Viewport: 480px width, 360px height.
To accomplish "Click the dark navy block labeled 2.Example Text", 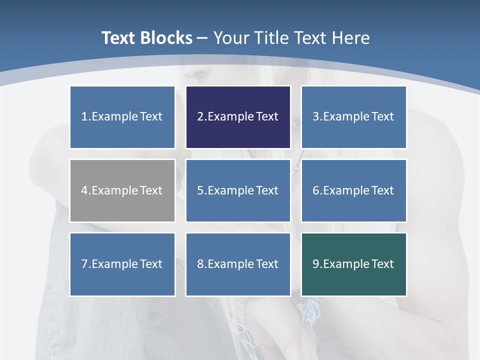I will click(238, 117).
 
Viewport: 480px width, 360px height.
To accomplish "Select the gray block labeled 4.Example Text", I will click(122, 190).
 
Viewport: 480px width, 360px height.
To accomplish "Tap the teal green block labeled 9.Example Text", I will click(353, 264).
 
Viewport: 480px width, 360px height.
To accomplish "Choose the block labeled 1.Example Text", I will click(122, 117).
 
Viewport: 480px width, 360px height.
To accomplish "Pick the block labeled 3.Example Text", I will click(353, 117).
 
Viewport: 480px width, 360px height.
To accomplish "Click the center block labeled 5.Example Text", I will click(238, 190).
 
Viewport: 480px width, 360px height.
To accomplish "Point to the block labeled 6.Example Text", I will click(353, 190).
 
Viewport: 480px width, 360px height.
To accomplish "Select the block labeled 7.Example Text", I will click(122, 264).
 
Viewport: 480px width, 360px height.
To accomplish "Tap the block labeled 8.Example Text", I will click(238, 264).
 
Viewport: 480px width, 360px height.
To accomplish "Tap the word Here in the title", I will click(353, 38).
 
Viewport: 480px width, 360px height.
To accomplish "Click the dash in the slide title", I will click(202, 38).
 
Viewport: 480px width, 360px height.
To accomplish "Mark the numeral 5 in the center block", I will click(200, 190).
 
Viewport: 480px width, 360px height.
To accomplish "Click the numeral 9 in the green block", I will click(316, 264).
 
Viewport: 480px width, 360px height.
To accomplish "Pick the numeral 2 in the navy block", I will click(200, 117).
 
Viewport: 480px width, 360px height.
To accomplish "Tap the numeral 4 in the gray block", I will click(84, 190).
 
